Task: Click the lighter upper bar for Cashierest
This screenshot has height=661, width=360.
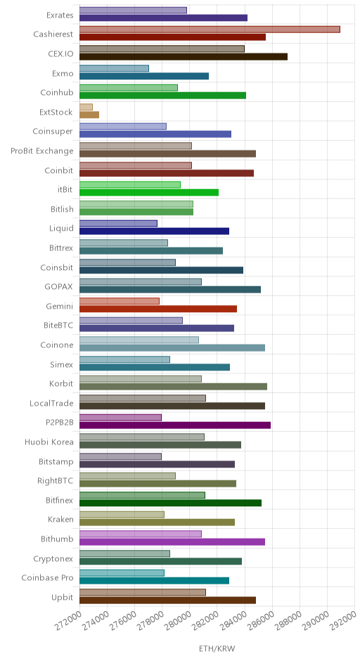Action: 210,30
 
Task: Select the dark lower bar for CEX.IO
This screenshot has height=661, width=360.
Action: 184,56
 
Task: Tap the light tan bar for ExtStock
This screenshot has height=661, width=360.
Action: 86,107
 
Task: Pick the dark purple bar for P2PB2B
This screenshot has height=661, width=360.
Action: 175,425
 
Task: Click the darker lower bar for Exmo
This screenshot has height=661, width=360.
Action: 143,76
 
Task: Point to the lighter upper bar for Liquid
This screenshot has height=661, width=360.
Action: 118,224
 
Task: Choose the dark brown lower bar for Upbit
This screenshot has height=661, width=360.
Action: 167,601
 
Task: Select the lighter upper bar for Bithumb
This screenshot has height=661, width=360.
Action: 141,534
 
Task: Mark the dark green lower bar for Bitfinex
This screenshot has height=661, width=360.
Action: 170,503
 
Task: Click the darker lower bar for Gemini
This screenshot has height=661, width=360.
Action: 158,309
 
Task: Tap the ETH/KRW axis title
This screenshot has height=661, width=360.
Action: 217,648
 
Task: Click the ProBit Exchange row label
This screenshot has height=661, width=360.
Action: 42,151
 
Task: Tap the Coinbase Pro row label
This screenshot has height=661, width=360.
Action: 48,577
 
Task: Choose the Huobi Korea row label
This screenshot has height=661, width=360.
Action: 49,442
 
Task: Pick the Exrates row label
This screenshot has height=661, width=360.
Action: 60,15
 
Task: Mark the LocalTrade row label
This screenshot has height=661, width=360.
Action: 51,403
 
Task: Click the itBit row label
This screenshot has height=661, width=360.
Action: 65,190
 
